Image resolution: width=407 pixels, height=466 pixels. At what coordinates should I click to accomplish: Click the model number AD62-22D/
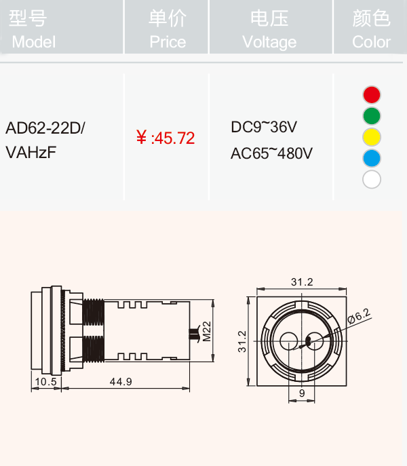pos(45,128)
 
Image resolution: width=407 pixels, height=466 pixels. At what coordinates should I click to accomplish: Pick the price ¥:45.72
pos(166,138)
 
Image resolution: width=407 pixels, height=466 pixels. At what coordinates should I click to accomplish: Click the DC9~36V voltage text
pos(264,127)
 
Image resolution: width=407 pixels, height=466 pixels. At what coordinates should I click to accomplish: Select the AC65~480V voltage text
pos(271,153)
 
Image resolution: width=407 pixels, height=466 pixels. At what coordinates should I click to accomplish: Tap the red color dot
pos(372,95)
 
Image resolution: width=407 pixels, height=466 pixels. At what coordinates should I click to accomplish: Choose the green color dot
pos(372,116)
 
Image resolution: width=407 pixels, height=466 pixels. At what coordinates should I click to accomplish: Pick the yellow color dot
pos(372,137)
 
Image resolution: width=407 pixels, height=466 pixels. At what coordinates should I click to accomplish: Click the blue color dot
pos(372,158)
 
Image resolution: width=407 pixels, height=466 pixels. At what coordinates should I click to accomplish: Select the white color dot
pos(372,179)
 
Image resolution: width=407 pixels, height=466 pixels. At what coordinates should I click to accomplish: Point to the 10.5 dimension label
pos(45,382)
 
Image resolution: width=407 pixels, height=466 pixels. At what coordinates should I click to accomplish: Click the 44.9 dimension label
pos(121,382)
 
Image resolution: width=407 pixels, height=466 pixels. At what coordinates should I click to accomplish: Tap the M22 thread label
pos(207,332)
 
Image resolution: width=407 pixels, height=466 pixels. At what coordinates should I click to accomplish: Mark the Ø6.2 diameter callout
pos(359,315)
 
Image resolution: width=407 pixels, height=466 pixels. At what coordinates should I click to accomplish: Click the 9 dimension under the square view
pos(302,393)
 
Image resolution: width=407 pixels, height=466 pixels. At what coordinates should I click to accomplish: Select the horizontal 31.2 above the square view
pos(302,281)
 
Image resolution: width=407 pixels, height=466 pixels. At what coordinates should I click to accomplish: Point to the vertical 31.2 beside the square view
pos(242,341)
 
